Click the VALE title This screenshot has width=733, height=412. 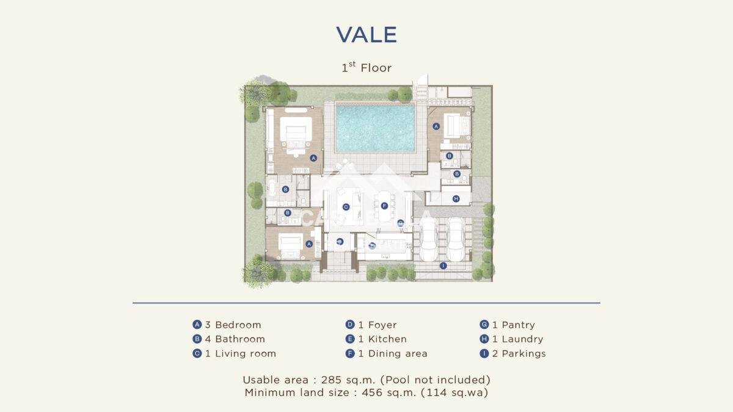(x=366, y=35)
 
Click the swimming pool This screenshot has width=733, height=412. (x=375, y=128)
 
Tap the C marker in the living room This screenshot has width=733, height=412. (x=346, y=207)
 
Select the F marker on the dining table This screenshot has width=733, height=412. (x=384, y=206)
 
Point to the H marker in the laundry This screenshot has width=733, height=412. (x=456, y=198)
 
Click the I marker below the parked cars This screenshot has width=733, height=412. (x=443, y=266)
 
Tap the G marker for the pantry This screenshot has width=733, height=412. (x=401, y=223)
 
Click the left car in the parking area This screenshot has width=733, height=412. (x=428, y=239)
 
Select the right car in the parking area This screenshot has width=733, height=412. (x=456, y=239)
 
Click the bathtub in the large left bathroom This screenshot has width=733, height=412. (x=271, y=190)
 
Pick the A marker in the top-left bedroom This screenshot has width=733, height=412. (x=313, y=158)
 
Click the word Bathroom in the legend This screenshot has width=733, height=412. (x=240, y=339)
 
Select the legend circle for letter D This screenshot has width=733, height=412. (x=350, y=324)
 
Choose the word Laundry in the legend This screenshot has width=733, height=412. (x=522, y=339)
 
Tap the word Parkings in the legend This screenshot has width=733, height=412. (x=523, y=354)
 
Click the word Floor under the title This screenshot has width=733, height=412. (x=376, y=68)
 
